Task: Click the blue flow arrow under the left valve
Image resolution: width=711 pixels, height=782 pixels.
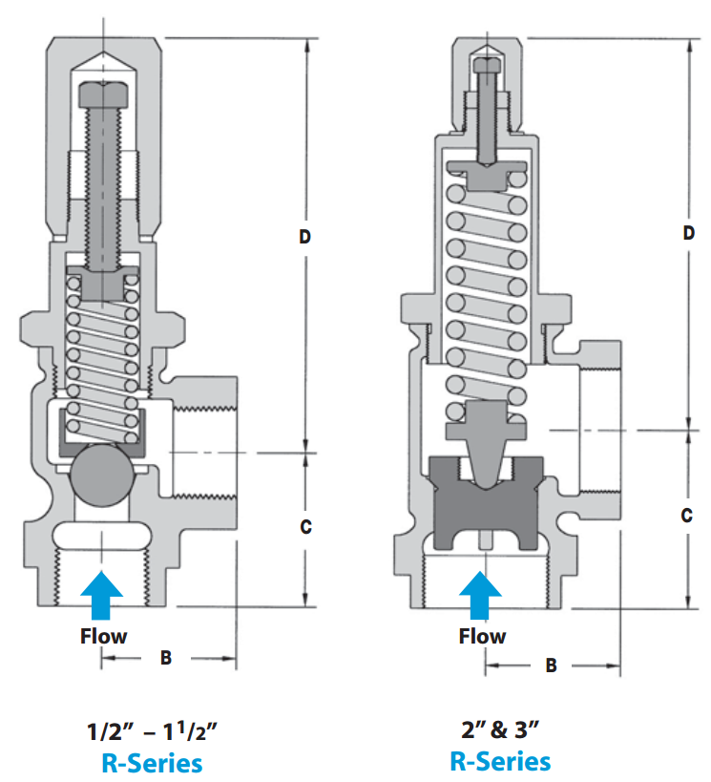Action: pyautogui.click(x=102, y=594)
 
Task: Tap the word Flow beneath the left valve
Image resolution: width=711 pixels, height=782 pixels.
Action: pyautogui.click(x=103, y=635)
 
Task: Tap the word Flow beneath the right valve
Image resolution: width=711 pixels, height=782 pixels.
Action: pyautogui.click(x=482, y=636)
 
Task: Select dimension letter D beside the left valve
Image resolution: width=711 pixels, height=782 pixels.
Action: pyautogui.click(x=305, y=237)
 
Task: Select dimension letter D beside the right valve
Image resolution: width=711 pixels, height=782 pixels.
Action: pyautogui.click(x=688, y=233)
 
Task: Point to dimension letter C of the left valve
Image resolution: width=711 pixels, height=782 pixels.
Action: pyautogui.click(x=305, y=526)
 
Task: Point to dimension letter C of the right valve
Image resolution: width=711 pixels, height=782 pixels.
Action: pyautogui.click(x=687, y=516)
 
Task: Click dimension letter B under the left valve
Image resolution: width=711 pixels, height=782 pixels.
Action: pyautogui.click(x=165, y=658)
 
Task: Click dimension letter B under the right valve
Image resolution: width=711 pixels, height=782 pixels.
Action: pyautogui.click(x=551, y=666)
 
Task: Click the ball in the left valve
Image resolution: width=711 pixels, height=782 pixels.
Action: pyautogui.click(x=100, y=475)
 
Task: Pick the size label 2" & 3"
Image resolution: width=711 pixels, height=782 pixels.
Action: pyautogui.click(x=501, y=731)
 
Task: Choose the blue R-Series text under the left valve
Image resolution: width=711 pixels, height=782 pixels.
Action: pyautogui.click(x=152, y=763)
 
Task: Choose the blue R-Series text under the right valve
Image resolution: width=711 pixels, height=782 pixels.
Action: pyautogui.click(x=500, y=761)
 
